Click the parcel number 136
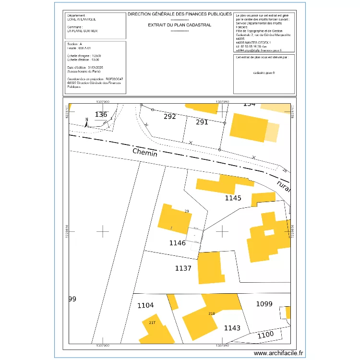101,114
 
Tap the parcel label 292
170,116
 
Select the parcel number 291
202,122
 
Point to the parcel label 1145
233,197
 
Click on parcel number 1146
177,243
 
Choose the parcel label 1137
183,268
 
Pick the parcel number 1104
145,305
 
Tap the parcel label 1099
264,303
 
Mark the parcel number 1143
232,328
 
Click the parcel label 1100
265,334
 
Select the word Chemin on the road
145,153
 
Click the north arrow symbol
86,122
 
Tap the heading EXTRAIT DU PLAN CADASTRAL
180,24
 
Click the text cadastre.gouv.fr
264,72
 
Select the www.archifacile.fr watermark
278,353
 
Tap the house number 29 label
187,211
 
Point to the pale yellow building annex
272,132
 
